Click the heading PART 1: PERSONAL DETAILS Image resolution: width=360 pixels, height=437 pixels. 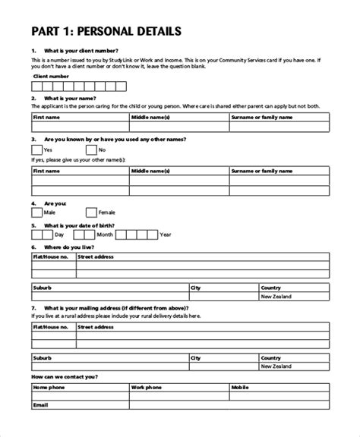(106, 32)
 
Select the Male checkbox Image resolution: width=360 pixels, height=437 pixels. (37, 213)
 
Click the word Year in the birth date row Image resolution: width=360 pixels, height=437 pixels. (166, 235)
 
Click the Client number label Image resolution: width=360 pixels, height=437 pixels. (51, 76)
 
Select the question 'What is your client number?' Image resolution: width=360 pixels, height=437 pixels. (81, 50)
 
